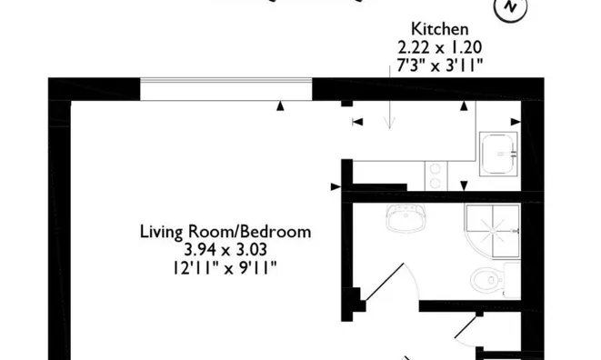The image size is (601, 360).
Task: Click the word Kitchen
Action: [440, 29]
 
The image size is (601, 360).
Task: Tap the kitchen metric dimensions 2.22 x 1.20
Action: [440, 47]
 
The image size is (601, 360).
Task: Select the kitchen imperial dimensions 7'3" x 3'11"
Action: [440, 65]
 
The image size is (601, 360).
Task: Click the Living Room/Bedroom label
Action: [225, 233]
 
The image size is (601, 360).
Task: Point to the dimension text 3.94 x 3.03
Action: [225, 250]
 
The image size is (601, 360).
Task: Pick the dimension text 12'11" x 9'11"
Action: [225, 268]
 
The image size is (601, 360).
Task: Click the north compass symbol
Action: [510, 6]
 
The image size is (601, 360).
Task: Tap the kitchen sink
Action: [498, 155]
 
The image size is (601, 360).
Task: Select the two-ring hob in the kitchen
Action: [436, 176]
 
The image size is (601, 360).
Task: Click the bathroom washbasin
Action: [406, 217]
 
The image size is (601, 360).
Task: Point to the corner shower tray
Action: [493, 231]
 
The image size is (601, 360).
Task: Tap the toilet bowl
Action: [486, 280]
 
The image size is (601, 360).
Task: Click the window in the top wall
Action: [225, 89]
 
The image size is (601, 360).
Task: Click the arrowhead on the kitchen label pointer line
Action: [389, 125]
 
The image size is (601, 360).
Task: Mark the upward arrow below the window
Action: [281, 105]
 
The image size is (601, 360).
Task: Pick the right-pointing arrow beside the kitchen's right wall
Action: [516, 122]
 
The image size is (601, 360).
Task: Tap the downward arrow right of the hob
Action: [464, 186]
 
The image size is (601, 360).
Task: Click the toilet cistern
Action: [512, 280]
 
